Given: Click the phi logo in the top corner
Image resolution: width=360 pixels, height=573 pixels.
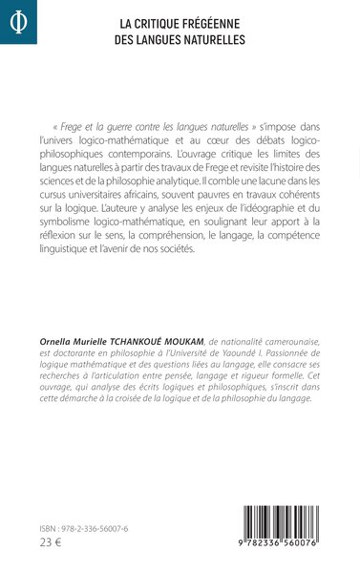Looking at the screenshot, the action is (18, 20).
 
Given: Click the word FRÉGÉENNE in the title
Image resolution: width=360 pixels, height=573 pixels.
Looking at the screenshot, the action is (216, 23).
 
